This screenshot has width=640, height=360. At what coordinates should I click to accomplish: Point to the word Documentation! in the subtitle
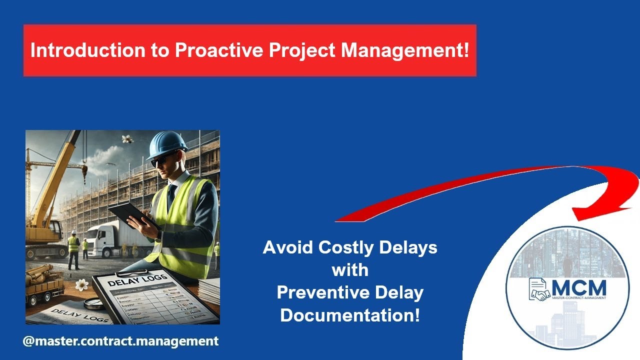click(x=350, y=315)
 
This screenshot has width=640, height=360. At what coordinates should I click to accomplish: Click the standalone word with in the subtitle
click(x=350, y=270)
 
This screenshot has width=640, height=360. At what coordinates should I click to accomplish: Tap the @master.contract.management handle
click(x=120, y=341)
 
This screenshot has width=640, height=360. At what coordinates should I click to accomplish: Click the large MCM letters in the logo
click(x=579, y=287)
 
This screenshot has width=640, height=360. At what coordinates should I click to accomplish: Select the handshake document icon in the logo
click(x=539, y=290)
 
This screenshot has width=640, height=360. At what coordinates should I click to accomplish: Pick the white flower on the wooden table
click(x=81, y=284)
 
